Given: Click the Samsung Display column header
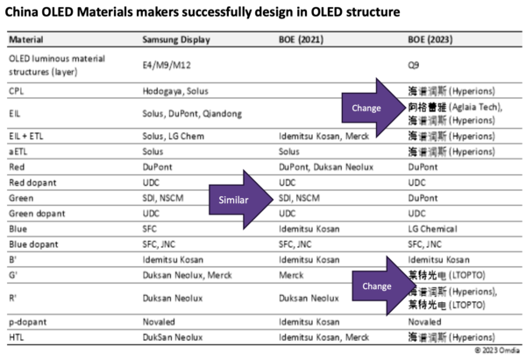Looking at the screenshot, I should tap(174, 39).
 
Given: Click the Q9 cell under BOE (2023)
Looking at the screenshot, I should tap(414, 64).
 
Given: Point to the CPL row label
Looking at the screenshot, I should tap(17, 90).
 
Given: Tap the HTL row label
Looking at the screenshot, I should tap(17, 336).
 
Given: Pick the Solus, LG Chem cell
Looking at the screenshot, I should tap(172, 138).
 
